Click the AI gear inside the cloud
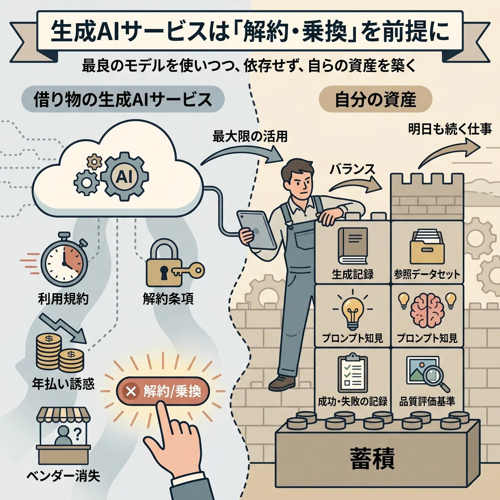pyautogui.click(x=125, y=177)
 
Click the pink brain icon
pyautogui.click(x=427, y=308)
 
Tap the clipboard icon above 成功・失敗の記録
pyautogui.click(x=352, y=374)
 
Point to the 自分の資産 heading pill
pyautogui.click(x=375, y=100)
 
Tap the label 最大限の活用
pyautogui.click(x=250, y=137)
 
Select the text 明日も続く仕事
pyautogui.click(x=450, y=129)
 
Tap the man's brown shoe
pyautogui.click(x=282, y=381)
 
